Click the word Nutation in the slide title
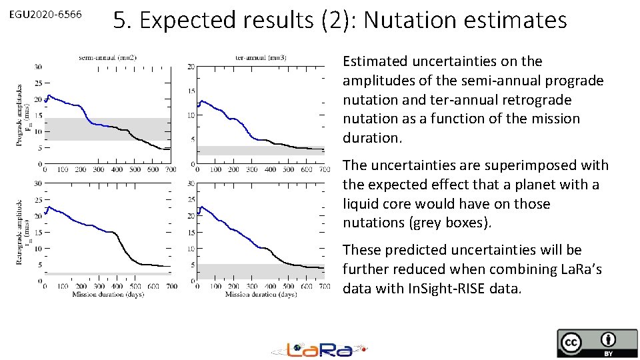coord(409,21)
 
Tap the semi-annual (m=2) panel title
coord(107,58)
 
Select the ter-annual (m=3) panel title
coord(261,58)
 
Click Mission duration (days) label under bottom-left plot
coord(107,294)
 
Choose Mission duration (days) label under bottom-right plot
coord(261,294)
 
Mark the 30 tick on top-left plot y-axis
coord(38,67)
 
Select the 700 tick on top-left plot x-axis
coord(170,170)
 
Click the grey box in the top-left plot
coord(107,129)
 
